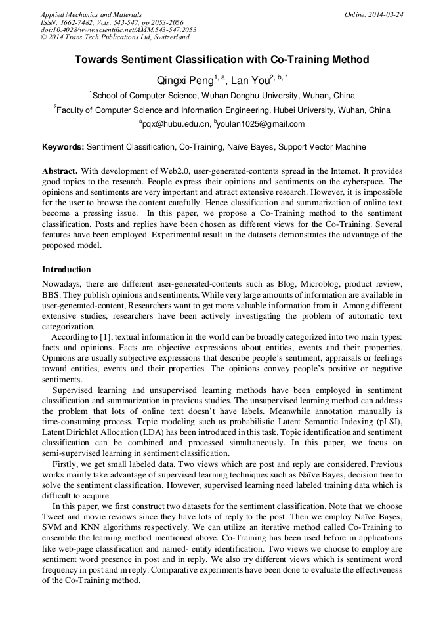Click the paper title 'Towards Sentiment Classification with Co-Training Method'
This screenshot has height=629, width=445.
coord(222,60)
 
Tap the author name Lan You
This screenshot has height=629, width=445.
coord(250,81)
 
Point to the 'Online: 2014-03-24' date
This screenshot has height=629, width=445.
coord(374,14)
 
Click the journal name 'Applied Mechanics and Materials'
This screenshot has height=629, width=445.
coord(91,14)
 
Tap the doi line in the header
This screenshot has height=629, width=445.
coord(118,30)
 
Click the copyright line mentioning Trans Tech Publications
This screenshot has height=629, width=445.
coord(115,37)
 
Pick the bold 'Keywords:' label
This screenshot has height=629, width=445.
coord(63,147)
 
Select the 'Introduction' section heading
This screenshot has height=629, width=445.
coord(66,270)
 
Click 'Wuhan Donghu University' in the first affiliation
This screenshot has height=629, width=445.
coord(248,96)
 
